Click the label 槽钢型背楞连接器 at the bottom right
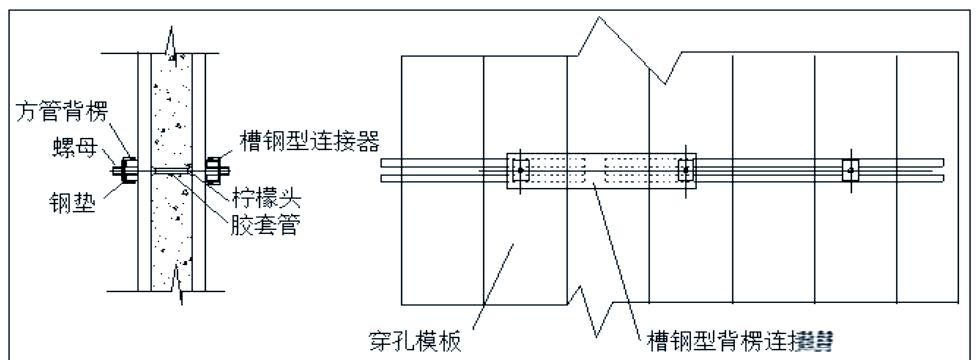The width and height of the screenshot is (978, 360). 741,336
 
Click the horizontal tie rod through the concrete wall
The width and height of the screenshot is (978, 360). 171,170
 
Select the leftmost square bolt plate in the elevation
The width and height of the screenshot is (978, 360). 518,171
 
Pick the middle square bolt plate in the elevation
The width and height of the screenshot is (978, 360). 686,171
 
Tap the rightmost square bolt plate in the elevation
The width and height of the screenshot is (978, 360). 849,170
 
